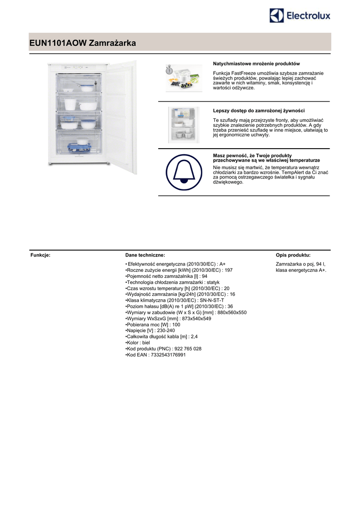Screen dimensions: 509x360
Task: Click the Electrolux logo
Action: tap(300, 15)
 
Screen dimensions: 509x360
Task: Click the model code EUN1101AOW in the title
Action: tap(58, 44)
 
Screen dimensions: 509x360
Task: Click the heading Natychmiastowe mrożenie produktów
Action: tap(256, 64)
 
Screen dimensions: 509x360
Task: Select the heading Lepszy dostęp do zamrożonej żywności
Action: tap(259, 110)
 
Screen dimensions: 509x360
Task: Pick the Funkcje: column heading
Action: tap(41, 255)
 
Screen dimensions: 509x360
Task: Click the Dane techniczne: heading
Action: tap(145, 255)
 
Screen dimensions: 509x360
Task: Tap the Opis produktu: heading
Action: tap(293, 255)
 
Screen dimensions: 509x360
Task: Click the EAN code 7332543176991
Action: tap(168, 355)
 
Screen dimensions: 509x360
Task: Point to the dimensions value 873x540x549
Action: tap(196, 319)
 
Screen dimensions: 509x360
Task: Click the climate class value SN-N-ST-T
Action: tap(211, 300)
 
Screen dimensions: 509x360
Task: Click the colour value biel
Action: tap(146, 343)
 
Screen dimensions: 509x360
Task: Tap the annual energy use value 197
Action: tap(228, 270)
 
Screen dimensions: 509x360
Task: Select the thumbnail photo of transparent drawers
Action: tap(183, 124)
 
